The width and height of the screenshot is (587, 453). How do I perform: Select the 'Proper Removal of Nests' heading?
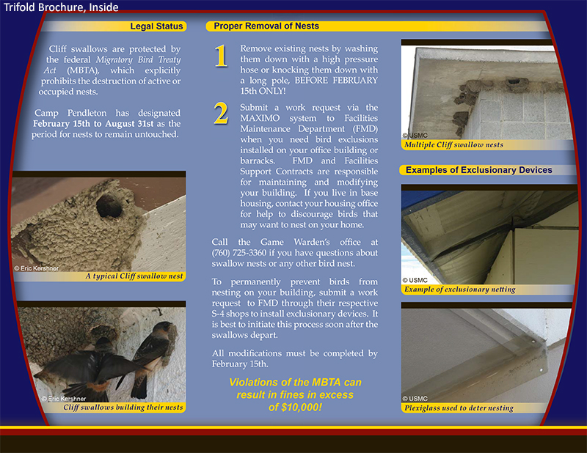(x=266, y=26)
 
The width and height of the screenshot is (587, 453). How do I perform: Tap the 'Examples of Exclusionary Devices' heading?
(x=478, y=170)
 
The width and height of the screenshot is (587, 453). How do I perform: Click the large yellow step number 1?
(x=221, y=56)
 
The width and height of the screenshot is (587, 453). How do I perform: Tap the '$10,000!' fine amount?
(x=295, y=406)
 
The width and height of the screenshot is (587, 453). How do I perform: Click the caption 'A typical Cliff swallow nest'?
(x=134, y=276)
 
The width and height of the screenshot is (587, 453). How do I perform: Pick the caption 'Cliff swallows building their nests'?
(x=123, y=407)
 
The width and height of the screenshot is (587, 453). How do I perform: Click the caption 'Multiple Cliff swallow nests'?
(x=454, y=144)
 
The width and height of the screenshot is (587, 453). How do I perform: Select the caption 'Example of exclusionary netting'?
(x=460, y=290)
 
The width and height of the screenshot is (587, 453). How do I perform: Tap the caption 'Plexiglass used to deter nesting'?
(x=459, y=408)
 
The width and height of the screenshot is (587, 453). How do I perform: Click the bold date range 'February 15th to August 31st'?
(x=99, y=124)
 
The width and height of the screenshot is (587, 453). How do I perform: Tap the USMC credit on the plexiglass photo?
(x=415, y=399)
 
